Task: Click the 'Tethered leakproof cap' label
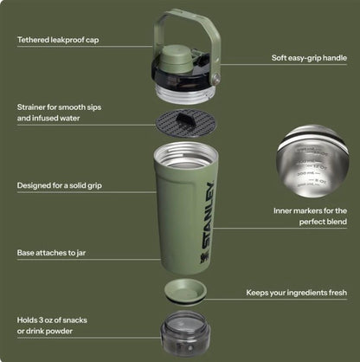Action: coord(58,40)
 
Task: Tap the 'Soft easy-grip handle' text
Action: coord(309,58)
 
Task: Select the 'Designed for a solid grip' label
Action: coord(60,185)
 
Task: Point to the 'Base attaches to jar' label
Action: coord(51,253)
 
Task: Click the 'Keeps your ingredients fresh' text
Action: coord(297,293)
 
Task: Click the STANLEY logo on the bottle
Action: coord(209,215)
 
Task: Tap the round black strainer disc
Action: coord(186,123)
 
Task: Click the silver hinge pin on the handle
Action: coord(215,78)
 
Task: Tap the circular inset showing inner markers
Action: coord(312,161)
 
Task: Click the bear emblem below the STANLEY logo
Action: coord(202,258)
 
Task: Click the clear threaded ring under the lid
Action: coord(185,93)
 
